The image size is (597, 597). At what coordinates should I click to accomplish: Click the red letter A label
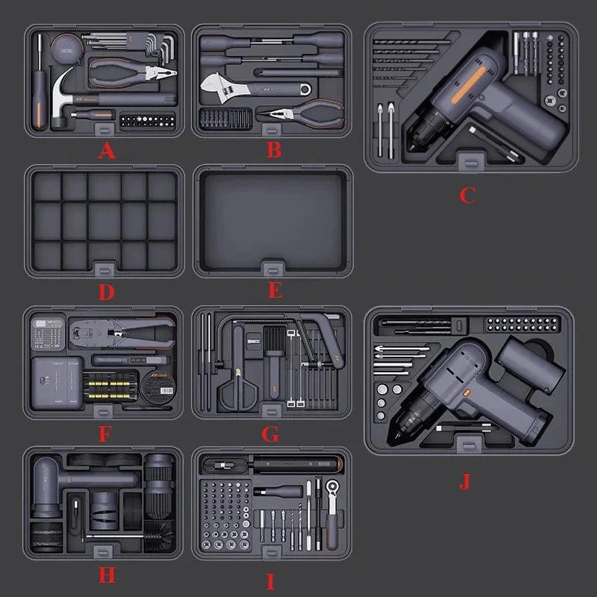pos(107,151)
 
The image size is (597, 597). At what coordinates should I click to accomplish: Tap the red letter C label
pos(468,195)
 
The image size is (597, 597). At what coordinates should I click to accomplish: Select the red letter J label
pos(465,481)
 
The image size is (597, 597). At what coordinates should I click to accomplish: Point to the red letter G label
pos(270,434)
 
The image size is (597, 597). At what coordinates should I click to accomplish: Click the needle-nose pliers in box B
pos(301,113)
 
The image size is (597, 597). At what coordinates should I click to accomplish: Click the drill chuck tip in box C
pos(411,147)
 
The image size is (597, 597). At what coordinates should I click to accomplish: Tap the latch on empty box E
pos(272,269)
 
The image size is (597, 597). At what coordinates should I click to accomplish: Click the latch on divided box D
pos(104,269)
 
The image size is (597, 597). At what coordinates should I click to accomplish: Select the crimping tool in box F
pos(122,332)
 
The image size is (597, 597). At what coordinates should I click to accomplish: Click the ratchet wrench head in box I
pos(333,487)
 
